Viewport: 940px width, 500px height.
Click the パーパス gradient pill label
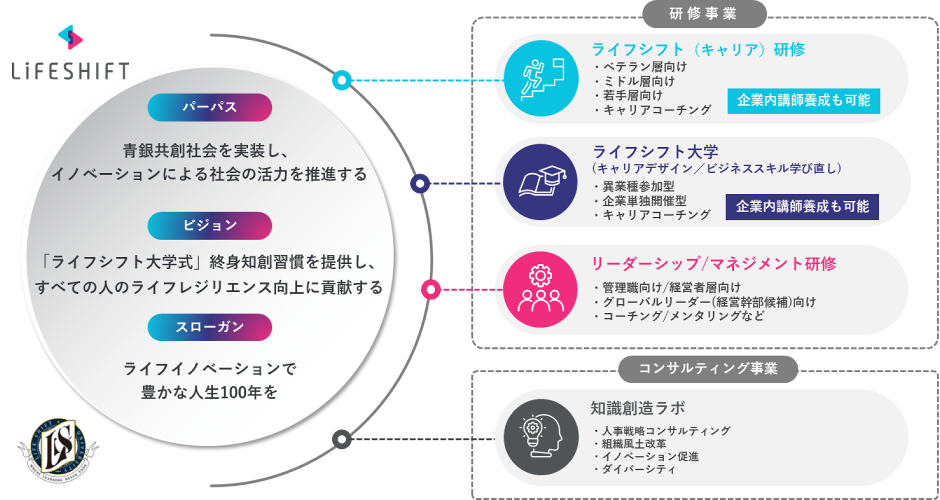[209, 107]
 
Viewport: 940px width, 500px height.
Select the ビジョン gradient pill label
[209, 225]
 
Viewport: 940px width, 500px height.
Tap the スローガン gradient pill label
[209, 327]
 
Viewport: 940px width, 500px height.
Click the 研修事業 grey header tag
[703, 13]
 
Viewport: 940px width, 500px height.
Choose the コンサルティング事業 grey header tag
[707, 368]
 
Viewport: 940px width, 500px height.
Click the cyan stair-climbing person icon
[541, 78]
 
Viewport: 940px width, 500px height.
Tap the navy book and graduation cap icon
[541, 182]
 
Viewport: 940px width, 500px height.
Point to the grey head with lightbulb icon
[541, 436]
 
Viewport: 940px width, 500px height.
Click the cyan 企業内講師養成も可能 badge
[803, 100]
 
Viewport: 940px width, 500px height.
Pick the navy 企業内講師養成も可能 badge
[802, 206]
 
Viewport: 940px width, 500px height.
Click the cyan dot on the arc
[342, 80]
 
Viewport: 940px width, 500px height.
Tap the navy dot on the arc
[420, 183]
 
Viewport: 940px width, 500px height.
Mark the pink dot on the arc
[430, 289]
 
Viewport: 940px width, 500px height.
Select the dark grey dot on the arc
[341, 439]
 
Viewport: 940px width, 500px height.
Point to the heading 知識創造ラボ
[637, 408]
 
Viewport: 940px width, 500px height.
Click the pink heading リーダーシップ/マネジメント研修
[713, 263]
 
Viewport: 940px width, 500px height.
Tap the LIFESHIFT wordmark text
[70, 71]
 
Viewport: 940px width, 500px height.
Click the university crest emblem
[58, 448]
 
